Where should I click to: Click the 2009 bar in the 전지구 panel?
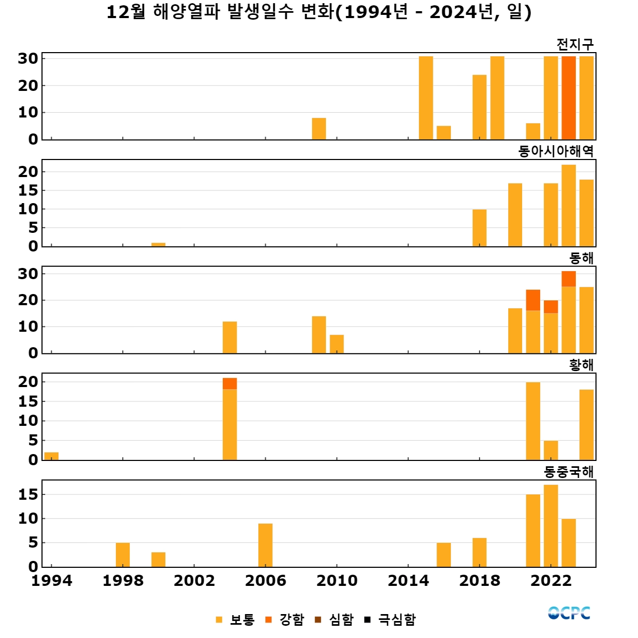pos(319,129)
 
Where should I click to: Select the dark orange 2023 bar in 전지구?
pos(569,98)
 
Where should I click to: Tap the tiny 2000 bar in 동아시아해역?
pos(158,245)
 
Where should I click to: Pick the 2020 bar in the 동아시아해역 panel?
pos(515,215)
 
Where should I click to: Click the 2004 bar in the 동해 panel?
pos(230,337)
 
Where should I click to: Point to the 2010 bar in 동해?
pos(337,344)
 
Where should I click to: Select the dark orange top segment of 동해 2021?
pos(533,300)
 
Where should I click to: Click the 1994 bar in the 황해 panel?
pos(52,456)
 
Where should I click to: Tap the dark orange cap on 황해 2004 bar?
pos(230,383)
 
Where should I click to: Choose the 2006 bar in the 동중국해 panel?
pos(265,545)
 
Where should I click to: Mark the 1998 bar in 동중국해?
pos(123,555)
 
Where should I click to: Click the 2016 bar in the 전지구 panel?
pos(444,133)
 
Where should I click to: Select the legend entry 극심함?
pos(390,619)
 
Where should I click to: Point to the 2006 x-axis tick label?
pos(265,581)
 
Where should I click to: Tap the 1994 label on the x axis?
pos(52,581)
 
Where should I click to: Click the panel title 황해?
pos(581,365)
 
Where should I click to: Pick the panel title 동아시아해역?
pos(556,151)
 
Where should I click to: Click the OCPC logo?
pos(569,613)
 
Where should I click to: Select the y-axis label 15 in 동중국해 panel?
pos(28,494)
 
